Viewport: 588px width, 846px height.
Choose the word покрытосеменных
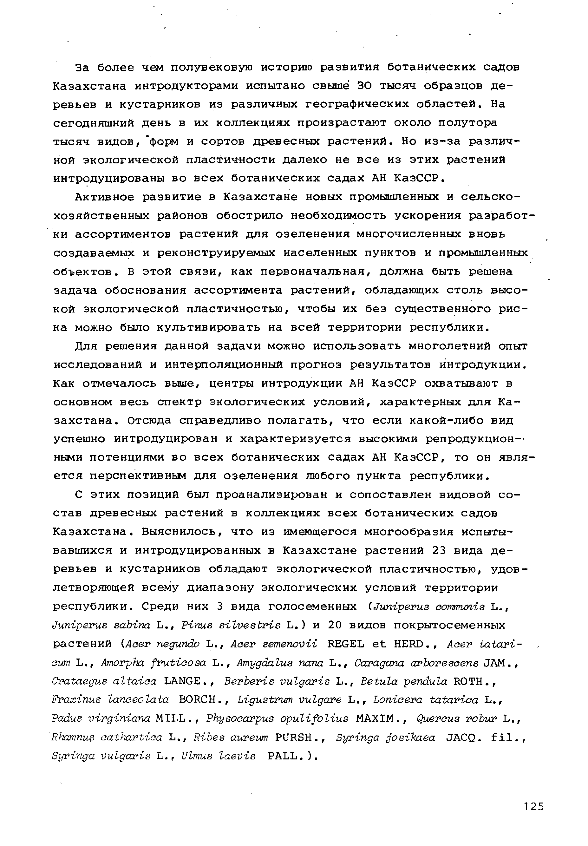[449, 625]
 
